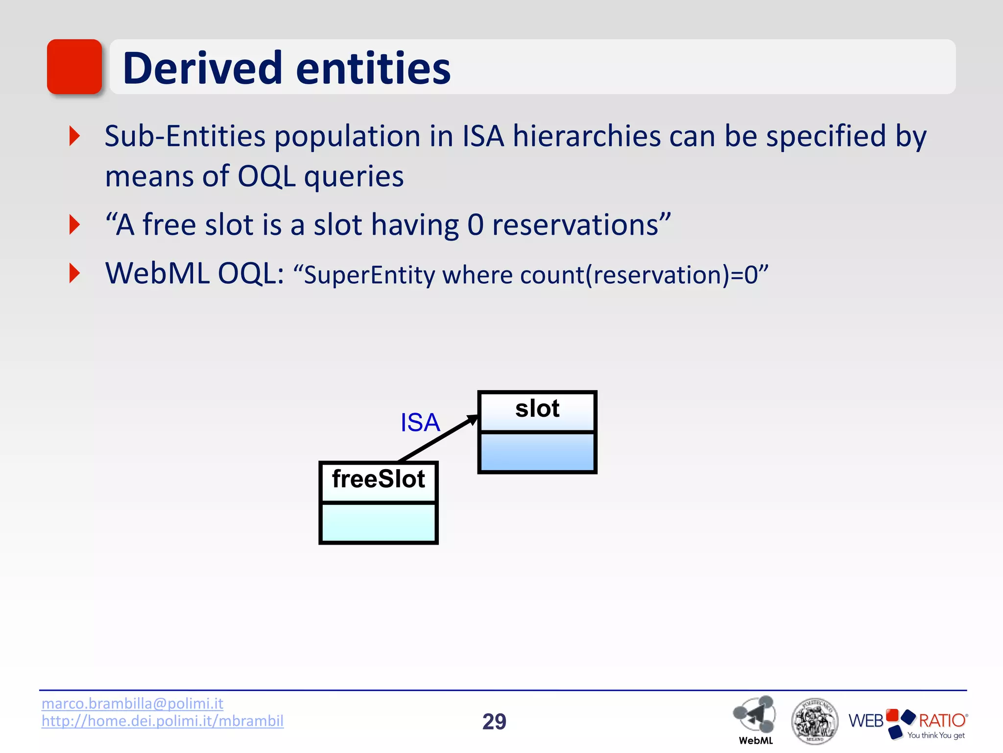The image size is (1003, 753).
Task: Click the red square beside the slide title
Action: point(74,67)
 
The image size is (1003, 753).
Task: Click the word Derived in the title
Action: point(202,68)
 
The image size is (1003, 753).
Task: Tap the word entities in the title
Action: point(373,68)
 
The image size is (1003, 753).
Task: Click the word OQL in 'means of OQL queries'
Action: point(266,176)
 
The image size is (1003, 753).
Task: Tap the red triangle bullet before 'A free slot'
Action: point(74,225)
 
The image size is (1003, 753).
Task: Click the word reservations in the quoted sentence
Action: point(575,225)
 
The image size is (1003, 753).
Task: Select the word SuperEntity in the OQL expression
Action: point(369,275)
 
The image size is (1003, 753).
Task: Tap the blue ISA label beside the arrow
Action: point(420,423)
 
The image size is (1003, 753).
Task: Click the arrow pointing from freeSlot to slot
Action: point(438,438)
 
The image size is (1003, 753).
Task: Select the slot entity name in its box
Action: point(537,409)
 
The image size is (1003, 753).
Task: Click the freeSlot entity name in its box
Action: point(378,479)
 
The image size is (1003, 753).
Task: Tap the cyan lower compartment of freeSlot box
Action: point(378,522)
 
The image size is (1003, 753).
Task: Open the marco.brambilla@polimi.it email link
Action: point(132,703)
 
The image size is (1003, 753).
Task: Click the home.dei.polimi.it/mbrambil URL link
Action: point(162,721)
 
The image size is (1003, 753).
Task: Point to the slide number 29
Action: point(494,722)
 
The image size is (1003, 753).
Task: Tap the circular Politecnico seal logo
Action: point(814,721)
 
